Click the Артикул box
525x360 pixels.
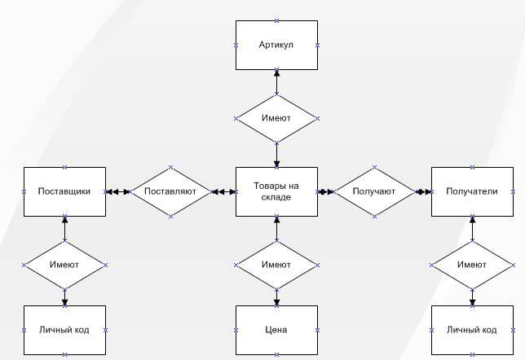pos(276,45)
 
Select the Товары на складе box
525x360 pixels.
pos(276,191)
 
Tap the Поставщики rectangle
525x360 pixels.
pos(64,191)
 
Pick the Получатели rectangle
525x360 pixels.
pos(472,191)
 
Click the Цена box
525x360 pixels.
pos(276,330)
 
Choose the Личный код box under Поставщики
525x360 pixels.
pos(64,330)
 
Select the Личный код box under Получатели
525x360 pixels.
pos(472,330)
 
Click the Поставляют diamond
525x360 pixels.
pos(170,191)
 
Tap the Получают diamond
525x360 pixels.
pos(374,191)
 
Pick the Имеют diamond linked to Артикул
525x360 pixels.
pos(276,118)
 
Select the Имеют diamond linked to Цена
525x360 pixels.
pos(276,265)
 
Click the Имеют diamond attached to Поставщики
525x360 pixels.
pos(64,265)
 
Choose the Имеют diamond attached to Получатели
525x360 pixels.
pos(472,265)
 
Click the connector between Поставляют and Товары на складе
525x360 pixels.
pos(223,191)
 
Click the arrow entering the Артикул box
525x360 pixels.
pos(276,80)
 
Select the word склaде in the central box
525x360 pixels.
pos(276,197)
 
